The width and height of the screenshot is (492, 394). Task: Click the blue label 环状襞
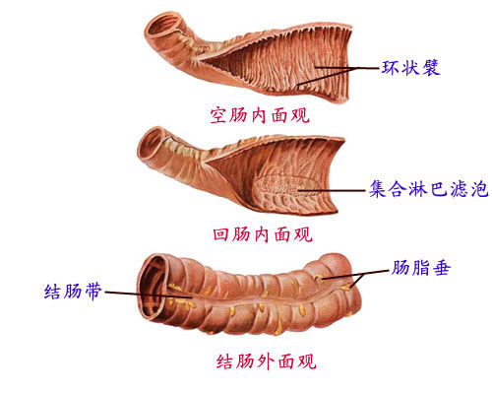click(410, 68)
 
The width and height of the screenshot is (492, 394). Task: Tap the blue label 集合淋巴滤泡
click(429, 189)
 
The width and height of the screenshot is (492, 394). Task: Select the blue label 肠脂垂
click(420, 268)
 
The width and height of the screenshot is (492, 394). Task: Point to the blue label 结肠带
click(73, 292)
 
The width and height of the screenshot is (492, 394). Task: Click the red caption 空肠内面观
click(260, 115)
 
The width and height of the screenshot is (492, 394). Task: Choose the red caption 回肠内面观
click(263, 234)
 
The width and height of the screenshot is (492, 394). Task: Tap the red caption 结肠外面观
click(266, 361)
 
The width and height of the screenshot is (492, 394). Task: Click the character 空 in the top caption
click(218, 115)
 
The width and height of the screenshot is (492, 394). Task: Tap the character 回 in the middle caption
click(221, 234)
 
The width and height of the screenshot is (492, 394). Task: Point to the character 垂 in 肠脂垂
click(441, 268)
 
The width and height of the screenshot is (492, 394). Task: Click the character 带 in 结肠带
click(93, 292)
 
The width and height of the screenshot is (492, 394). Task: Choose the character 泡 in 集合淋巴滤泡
click(479, 189)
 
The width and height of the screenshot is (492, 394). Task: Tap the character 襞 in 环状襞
click(431, 68)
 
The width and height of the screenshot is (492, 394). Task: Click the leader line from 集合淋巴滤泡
click(332, 190)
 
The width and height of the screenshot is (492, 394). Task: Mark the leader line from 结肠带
click(149, 295)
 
